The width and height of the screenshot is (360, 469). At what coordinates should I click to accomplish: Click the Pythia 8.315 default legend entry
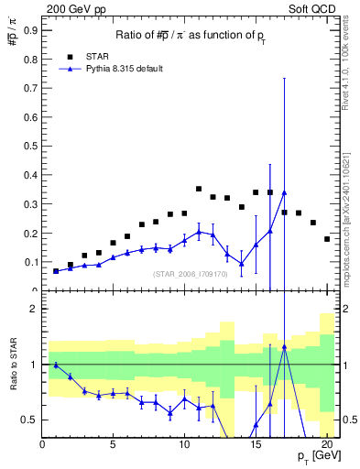tap(110, 69)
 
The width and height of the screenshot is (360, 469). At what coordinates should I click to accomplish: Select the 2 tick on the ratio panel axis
tap(33, 309)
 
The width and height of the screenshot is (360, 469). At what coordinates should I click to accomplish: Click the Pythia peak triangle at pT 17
tap(285, 192)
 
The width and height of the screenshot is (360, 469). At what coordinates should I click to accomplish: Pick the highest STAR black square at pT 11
tap(199, 189)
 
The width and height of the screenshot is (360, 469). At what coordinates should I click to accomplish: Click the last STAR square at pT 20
tap(327, 239)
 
